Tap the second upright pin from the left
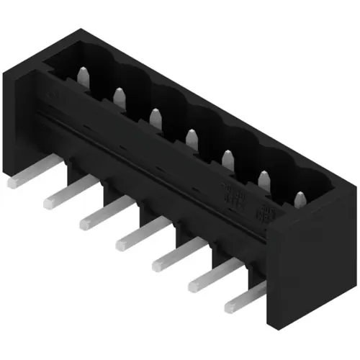120,94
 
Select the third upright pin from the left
155,115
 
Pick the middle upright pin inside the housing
191,137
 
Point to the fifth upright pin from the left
228,158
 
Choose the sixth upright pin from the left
264,178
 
